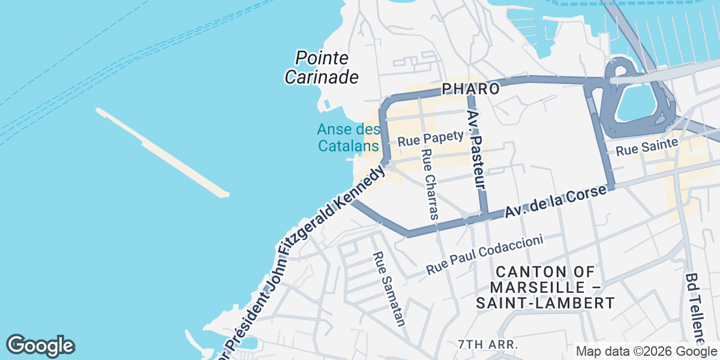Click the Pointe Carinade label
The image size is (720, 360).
pyautogui.click(x=322, y=67)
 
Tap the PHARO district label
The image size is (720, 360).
pyautogui.click(x=471, y=89)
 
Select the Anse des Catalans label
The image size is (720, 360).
pyautogui.click(x=348, y=137)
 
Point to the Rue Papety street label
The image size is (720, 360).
pyautogui.click(x=430, y=139)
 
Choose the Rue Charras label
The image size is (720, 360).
pyautogui.click(x=431, y=183)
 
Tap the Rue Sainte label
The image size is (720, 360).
pyautogui.click(x=647, y=146)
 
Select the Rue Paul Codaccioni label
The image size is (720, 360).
pyautogui.click(x=485, y=254)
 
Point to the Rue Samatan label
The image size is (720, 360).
pyautogui.click(x=389, y=288)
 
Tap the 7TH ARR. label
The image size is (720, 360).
pyautogui.click(x=487, y=344)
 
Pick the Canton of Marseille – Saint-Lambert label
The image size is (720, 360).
pyautogui.click(x=545, y=287)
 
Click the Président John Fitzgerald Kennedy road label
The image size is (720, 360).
pyautogui.click(x=306, y=258)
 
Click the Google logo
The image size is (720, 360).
pyautogui.click(x=40, y=346)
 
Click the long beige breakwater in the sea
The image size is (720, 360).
pyautogui.click(x=162, y=152)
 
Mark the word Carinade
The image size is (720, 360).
pyautogui.click(x=322, y=77)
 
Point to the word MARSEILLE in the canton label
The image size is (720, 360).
pyautogui.click(x=537, y=287)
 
